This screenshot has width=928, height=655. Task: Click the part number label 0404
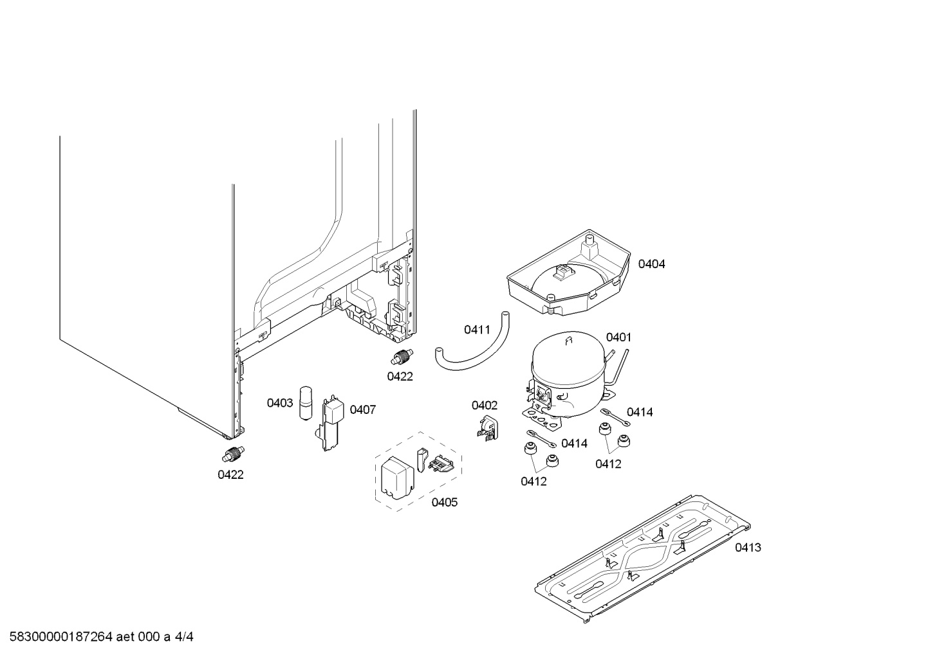(x=651, y=264)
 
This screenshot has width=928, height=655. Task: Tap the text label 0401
(x=618, y=337)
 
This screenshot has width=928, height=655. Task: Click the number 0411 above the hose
(x=477, y=330)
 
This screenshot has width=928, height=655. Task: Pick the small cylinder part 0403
(x=306, y=404)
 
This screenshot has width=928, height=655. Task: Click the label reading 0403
(x=280, y=403)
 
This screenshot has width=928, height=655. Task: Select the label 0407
(x=362, y=409)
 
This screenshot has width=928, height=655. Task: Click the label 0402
(x=484, y=405)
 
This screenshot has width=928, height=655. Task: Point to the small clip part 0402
(x=487, y=428)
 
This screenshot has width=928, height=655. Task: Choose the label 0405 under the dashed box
(x=444, y=502)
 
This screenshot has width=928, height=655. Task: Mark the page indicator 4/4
(x=184, y=637)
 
